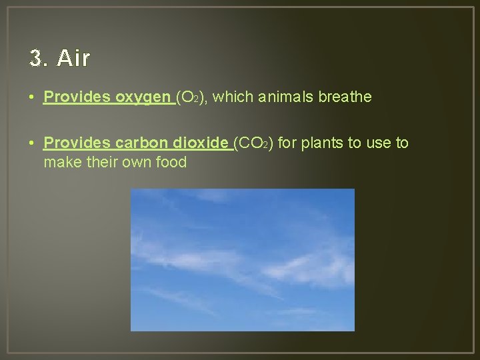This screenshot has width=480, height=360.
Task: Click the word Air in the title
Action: pos(74,59)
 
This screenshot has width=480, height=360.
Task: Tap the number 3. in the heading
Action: pos(39,59)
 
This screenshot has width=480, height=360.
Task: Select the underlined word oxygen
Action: pos(143,97)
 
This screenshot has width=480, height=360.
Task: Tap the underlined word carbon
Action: pos(141,143)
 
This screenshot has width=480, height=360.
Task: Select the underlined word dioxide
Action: pos(201,143)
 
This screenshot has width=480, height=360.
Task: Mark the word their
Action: pos(97,162)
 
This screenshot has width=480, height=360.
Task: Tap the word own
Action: pos(133,162)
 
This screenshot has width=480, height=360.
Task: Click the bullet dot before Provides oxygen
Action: pos(32,98)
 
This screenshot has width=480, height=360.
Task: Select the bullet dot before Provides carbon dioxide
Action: pos(32,143)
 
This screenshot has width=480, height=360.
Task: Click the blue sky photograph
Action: pos(242,260)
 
